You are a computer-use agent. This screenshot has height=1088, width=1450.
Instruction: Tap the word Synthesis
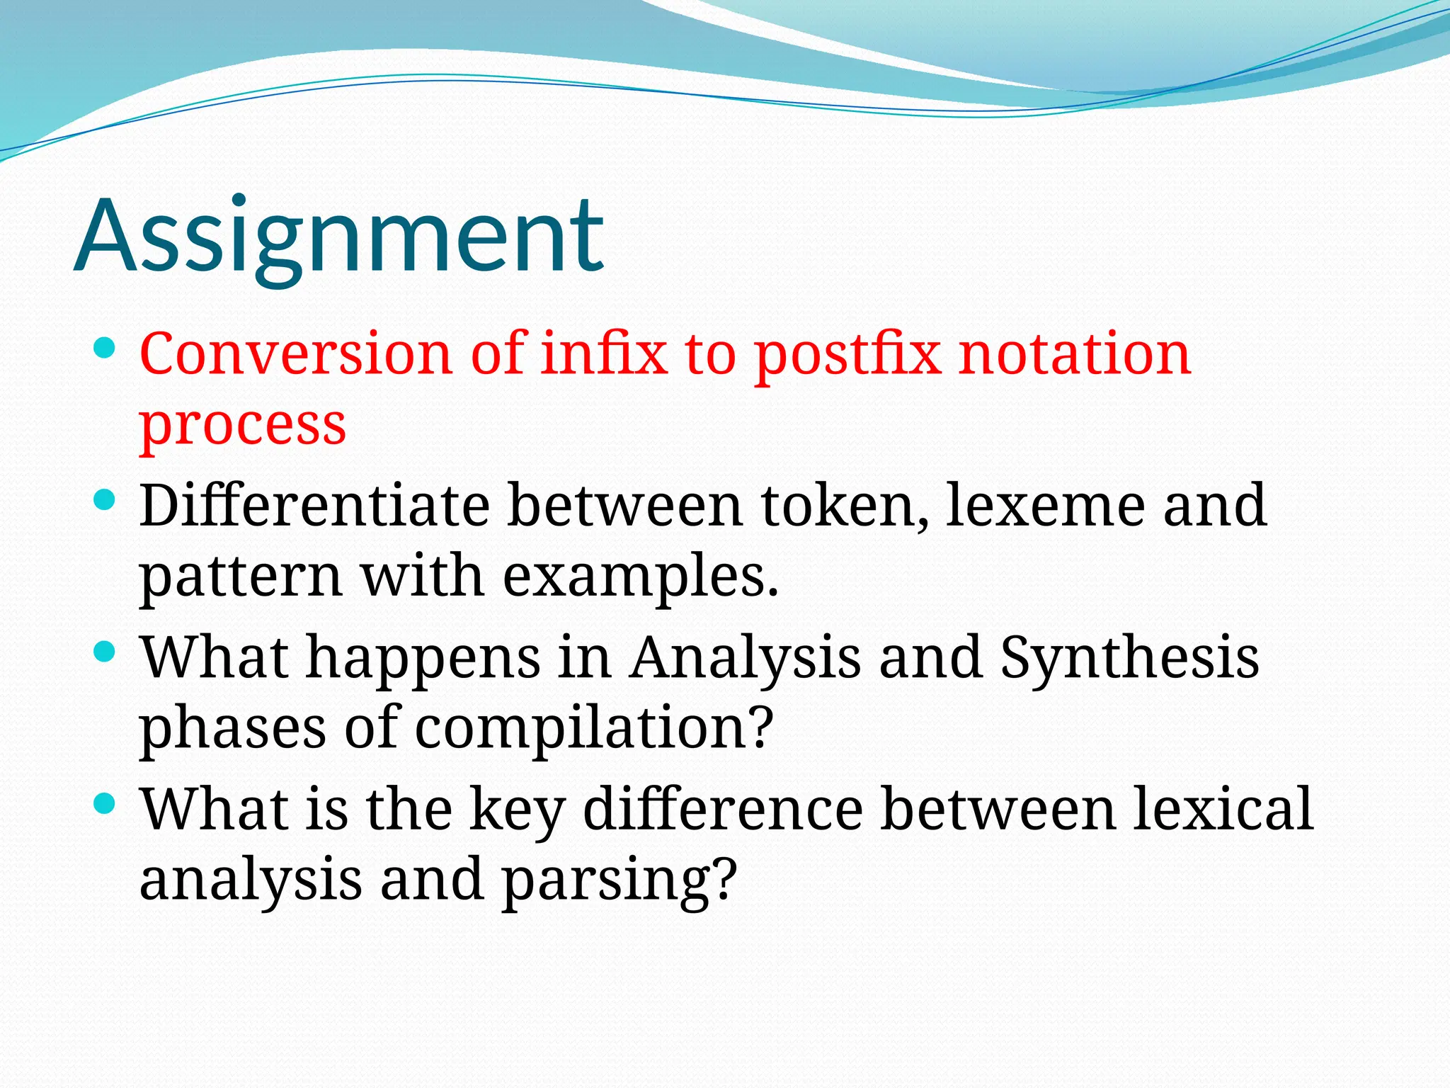(1129, 657)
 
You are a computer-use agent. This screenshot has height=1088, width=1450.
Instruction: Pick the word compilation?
(593, 728)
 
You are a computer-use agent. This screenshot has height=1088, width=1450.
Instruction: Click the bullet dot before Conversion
(104, 348)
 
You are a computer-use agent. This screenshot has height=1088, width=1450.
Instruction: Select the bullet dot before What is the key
(104, 803)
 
